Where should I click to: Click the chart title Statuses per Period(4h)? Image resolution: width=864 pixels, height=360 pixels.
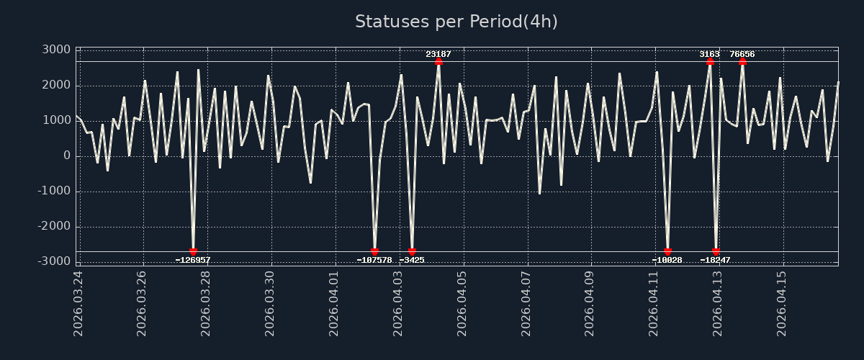point(456,22)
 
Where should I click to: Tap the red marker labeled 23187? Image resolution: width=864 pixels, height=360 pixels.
point(438,62)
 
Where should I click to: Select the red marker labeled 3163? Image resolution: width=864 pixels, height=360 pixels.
point(710,62)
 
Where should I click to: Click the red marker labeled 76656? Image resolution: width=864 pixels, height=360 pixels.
point(742,62)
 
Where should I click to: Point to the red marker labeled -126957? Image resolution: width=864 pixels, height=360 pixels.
point(193,252)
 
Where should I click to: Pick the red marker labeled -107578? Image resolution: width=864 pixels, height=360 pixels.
point(374,252)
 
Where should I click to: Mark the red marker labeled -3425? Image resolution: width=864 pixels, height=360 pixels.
point(412,252)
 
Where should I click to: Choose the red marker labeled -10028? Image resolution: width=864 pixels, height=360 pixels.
point(667,252)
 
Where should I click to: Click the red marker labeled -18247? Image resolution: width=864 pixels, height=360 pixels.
point(716,252)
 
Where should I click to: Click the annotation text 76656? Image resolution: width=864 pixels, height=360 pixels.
point(742,54)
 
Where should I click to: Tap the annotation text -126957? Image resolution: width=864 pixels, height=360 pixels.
point(193,260)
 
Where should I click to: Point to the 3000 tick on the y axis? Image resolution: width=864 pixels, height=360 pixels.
point(56,50)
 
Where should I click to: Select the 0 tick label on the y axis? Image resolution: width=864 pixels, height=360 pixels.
point(66,156)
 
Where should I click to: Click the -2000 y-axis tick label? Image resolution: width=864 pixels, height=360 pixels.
point(53,227)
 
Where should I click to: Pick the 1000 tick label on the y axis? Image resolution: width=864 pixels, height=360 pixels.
point(56,120)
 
